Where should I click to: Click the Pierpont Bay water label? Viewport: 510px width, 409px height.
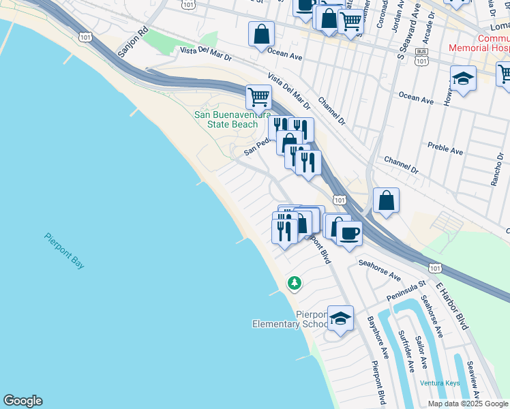click(x=64, y=250)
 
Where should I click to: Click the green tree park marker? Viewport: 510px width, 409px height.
click(x=294, y=282)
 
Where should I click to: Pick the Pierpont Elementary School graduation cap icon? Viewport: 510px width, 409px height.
click(x=340, y=318)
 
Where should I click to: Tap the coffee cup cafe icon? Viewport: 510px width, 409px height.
click(x=349, y=233)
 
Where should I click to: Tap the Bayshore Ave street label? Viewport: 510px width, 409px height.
click(x=377, y=337)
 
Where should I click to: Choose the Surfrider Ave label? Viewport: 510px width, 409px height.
click(x=406, y=352)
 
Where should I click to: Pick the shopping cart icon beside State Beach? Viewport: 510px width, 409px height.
click(x=258, y=97)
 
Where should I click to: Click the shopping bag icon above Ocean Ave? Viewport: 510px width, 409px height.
click(x=261, y=33)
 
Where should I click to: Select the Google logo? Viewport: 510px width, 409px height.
click(x=22, y=401)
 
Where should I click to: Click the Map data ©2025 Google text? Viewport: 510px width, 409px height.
click(x=467, y=404)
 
